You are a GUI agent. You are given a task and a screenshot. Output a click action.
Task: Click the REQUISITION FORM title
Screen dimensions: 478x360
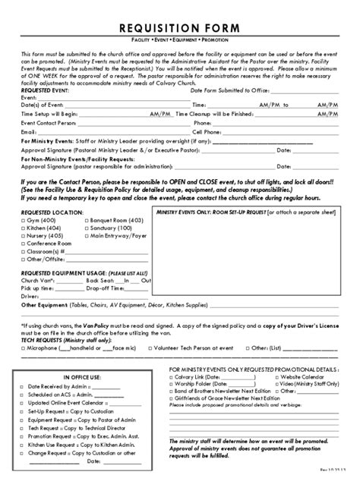click(x=180, y=28)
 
